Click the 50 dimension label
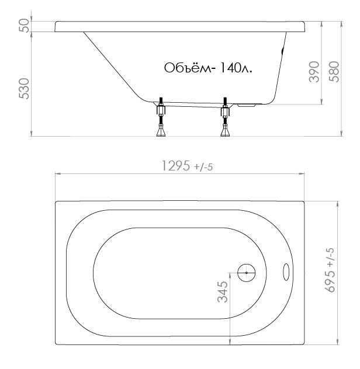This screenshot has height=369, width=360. click(25, 26)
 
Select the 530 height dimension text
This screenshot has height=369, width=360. click(25, 89)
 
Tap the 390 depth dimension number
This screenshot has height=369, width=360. click(314, 72)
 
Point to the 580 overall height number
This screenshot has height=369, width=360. click(334, 72)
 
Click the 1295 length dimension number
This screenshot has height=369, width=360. click(176, 166)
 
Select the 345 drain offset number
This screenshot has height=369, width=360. click(223, 292)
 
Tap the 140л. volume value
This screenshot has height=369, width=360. click(236, 68)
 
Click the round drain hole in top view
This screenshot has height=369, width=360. click(247, 273)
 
